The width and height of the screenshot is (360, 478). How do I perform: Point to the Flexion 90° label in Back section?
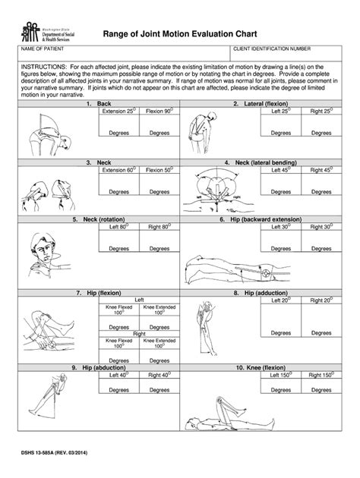(x=159, y=111)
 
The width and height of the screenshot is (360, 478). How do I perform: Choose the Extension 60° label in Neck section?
(x=118, y=170)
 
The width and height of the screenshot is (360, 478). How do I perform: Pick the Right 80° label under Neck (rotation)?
(x=159, y=226)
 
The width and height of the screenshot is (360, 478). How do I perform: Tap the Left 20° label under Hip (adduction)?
(x=275, y=300)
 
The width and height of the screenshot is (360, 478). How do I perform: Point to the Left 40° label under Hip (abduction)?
(x=118, y=374)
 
